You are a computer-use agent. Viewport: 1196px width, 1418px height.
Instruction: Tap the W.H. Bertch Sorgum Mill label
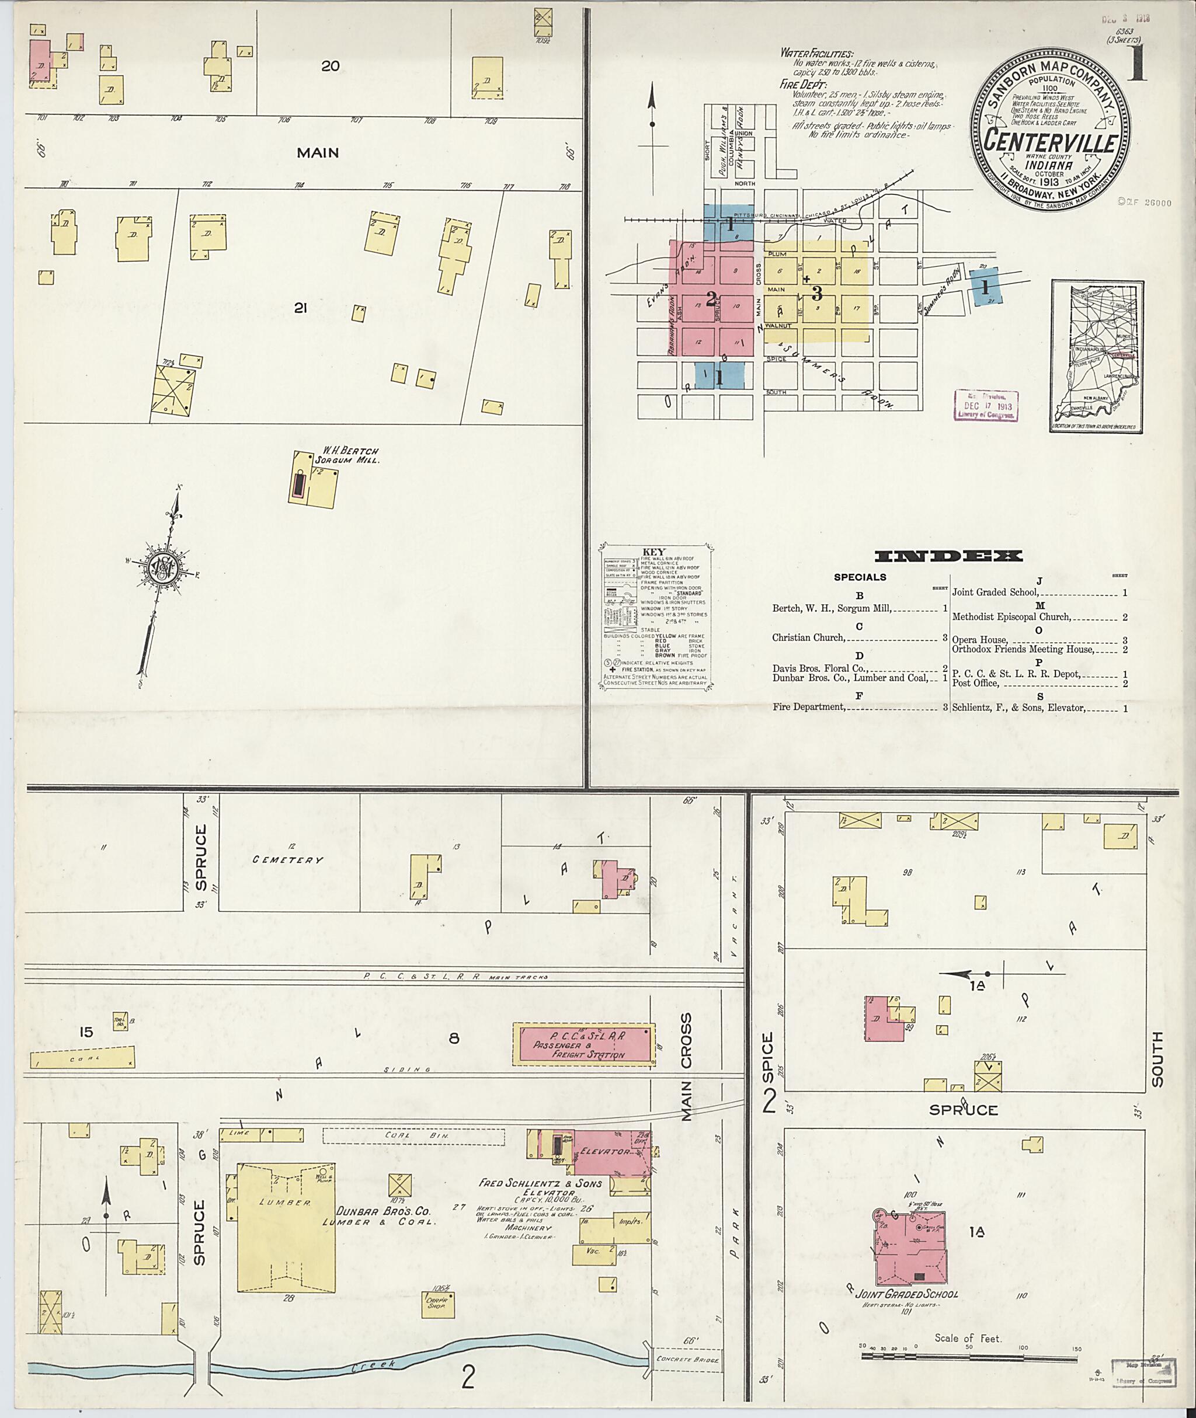tap(350, 454)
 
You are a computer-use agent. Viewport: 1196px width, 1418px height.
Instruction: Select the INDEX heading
tap(948, 556)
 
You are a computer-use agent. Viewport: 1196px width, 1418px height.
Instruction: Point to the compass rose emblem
tap(163, 565)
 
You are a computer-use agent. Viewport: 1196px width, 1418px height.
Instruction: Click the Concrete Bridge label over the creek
tap(686, 1360)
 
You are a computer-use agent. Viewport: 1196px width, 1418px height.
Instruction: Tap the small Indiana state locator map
tap(1097, 356)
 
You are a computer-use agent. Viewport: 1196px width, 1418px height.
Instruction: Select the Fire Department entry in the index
tap(809, 707)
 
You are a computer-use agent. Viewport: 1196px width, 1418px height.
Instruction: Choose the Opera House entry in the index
tap(980, 640)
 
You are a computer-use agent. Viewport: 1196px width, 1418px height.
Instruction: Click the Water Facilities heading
tap(817, 53)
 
